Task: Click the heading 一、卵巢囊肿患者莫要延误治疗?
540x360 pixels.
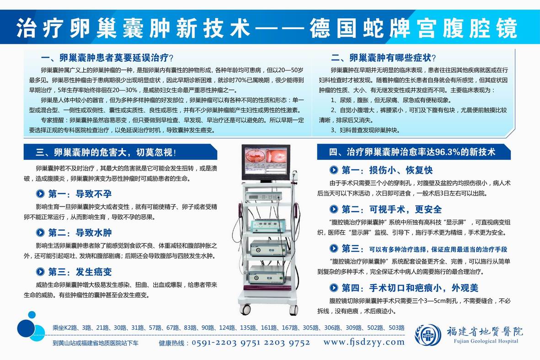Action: [x=107, y=58]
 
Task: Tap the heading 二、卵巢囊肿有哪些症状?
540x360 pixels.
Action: [x=383, y=58]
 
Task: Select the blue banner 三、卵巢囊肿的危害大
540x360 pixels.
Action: [x=120, y=152]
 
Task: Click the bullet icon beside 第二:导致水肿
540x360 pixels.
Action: [x=40, y=233]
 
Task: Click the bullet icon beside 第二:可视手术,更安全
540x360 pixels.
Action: [x=334, y=209]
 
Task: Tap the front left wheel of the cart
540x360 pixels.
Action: [x=245, y=309]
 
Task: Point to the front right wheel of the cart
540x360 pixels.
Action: [x=294, y=310]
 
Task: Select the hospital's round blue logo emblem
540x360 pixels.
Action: [x=428, y=334]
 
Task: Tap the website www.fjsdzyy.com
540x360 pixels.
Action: [x=364, y=342]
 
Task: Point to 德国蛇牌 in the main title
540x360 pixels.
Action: [x=360, y=27]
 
